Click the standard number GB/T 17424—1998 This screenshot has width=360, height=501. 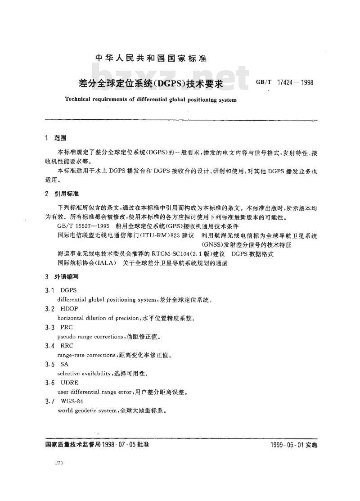tap(284, 83)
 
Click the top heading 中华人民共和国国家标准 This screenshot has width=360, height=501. tap(151, 59)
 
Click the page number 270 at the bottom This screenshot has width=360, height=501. tap(59, 463)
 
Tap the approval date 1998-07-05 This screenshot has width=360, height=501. tap(118, 444)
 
